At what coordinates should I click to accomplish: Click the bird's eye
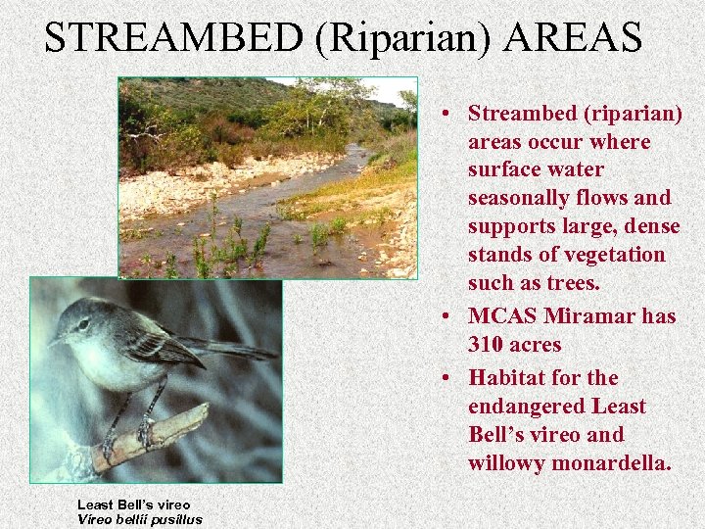pos(81,322)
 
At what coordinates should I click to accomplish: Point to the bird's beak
pos(56,340)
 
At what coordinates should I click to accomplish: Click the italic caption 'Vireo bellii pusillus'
pos(139,519)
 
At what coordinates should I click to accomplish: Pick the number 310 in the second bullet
pos(489,345)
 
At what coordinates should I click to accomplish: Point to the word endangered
pos(529,406)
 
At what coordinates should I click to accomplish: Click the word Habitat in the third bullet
pos(506,377)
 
